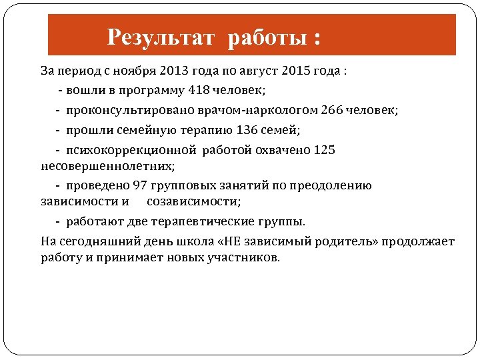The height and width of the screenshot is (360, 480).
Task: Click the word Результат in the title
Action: (x=161, y=37)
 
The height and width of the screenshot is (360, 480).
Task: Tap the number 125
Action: (x=324, y=150)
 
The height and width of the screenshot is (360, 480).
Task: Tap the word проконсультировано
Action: (x=119, y=110)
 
